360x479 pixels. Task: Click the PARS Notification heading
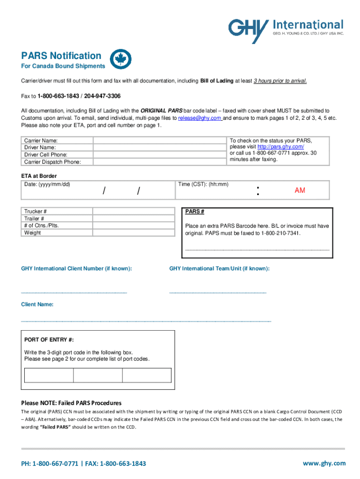pos(61,56)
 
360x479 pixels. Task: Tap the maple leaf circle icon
pos(121,59)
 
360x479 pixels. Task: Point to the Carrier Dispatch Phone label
pos(52,162)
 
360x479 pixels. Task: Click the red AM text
pos(300,191)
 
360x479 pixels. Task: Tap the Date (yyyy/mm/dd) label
pos(47,184)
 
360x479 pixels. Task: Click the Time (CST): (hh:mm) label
pos(203,184)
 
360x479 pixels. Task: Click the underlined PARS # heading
pos(194,211)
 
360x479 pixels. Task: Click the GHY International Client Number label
pos(76,269)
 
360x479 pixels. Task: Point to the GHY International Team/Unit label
pos(219,269)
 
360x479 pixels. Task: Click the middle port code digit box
pos(98,376)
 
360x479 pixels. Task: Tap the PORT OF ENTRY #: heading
pos(49,340)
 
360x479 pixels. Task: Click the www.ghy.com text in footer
pos(324,463)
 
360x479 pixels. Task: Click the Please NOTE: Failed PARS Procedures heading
pos(71,403)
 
